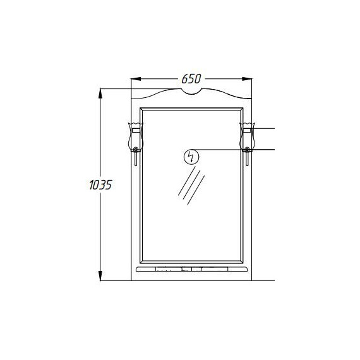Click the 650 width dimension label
[191, 79]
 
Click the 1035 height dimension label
[100, 185]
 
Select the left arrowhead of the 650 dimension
[136, 79]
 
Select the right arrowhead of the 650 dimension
[247, 79]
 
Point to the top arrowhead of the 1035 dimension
[100, 93]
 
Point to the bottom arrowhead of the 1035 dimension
[100, 275]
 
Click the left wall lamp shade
[136, 137]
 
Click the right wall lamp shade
[247, 137]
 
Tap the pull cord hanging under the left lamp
[136, 159]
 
